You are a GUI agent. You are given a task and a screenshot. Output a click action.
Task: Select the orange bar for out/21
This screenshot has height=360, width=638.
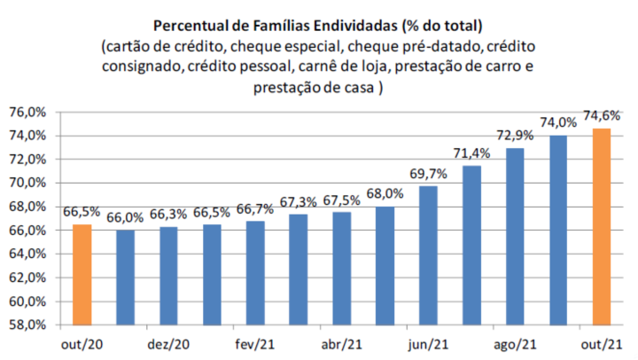pos(602,226)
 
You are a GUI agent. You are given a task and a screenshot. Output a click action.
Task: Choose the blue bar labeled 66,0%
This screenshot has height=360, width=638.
pos(125,277)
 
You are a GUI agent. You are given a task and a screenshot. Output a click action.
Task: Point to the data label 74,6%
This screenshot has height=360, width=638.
pos(602,115)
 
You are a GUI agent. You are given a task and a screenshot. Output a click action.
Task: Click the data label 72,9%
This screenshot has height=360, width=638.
pos(515,135)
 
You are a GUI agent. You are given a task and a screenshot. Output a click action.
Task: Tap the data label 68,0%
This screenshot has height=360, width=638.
pos(385,193)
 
